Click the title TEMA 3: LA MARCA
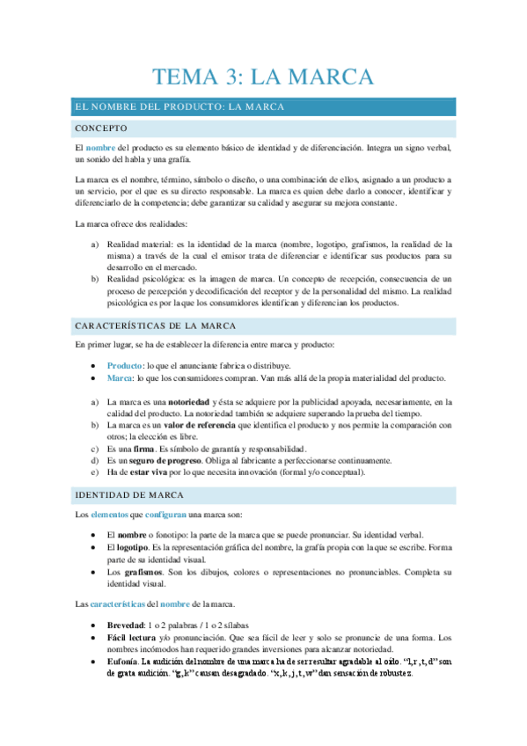pos(264,76)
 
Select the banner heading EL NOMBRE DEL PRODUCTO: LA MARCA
pos(179,107)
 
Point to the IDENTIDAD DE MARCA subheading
pos(129,495)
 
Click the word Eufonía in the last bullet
pos(122,661)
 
